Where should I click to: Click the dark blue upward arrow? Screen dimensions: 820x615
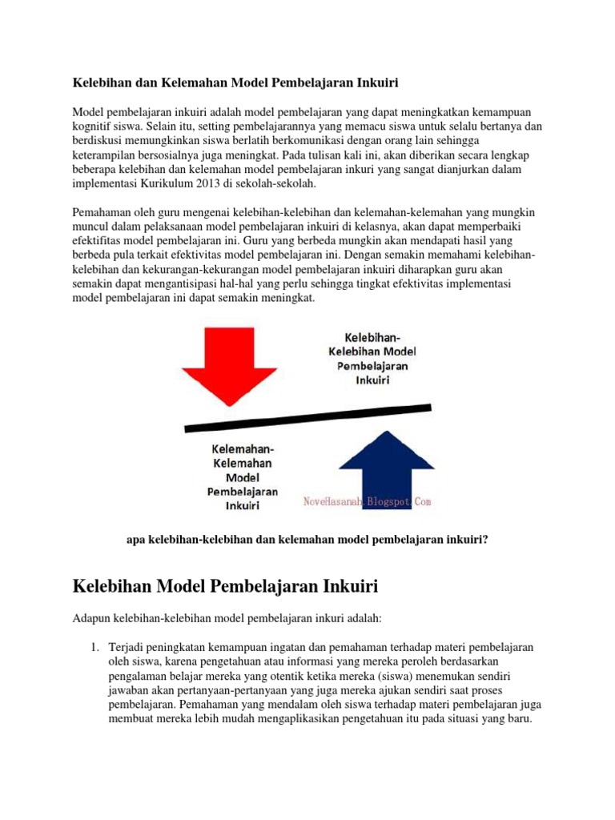coord(388,469)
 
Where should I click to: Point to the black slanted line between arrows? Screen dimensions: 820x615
coord(304,413)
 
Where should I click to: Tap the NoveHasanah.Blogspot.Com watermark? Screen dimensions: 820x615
coord(368,501)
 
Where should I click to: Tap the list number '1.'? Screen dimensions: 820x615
coord(94,646)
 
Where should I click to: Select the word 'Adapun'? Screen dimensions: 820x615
coord(93,617)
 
